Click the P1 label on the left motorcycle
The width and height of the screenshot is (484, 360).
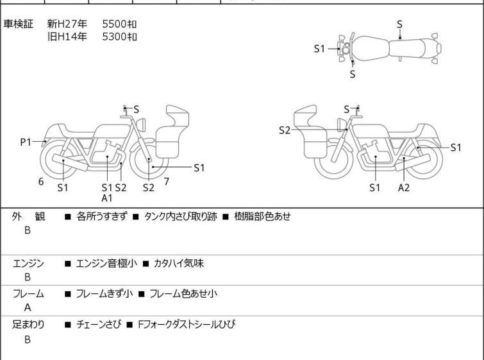click(x=26, y=142)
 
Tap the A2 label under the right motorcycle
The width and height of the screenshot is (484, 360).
click(x=404, y=187)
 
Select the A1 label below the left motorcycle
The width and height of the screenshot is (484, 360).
click(x=107, y=198)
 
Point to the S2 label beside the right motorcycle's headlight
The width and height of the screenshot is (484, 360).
click(x=285, y=130)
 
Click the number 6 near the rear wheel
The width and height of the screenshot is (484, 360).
click(x=41, y=182)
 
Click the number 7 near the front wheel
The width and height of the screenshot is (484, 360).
click(x=167, y=182)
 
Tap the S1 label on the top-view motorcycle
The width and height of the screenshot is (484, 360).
click(x=319, y=49)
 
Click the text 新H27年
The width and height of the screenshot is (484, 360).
click(x=67, y=24)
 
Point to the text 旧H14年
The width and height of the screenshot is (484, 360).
click(x=67, y=37)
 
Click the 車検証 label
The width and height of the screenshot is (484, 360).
click(x=18, y=24)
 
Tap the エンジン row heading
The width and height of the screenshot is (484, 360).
click(x=28, y=264)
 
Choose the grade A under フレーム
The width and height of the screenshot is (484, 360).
click(x=28, y=308)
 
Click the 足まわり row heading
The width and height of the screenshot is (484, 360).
click(x=28, y=325)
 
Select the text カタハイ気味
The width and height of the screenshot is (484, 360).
click(x=179, y=264)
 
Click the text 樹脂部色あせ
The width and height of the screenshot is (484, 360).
click(x=262, y=216)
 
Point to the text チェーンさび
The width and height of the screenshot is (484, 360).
click(x=99, y=325)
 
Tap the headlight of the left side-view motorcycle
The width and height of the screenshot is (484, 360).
click(x=141, y=124)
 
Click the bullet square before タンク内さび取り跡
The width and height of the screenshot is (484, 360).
click(x=135, y=217)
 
